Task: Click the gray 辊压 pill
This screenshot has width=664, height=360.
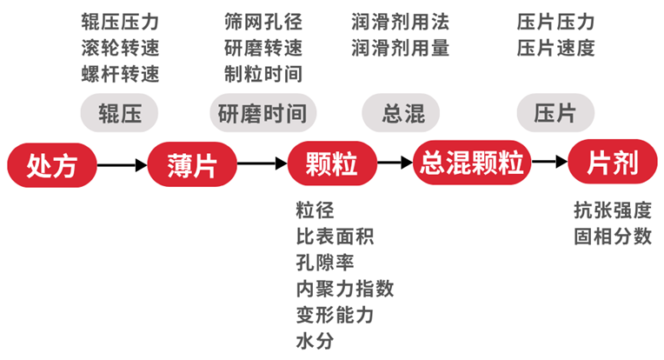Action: [121, 113]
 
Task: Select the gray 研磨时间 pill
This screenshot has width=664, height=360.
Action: [262, 113]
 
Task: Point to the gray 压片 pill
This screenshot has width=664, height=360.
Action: [556, 113]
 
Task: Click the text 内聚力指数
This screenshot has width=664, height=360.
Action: [344, 289]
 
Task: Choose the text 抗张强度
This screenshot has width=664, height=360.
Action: [613, 210]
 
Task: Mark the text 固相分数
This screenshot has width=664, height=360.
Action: [613, 237]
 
